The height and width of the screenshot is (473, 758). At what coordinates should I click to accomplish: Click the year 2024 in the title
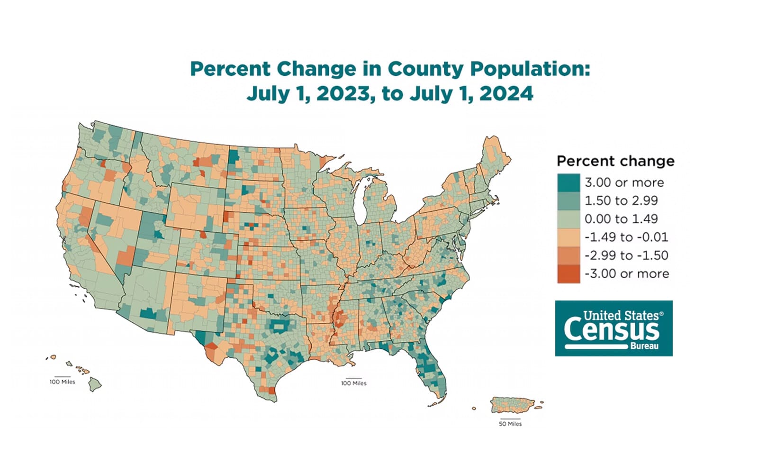coord(506,93)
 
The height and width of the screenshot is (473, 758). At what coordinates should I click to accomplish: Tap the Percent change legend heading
coord(615,161)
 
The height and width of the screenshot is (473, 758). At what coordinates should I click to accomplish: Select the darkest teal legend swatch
coord(568,182)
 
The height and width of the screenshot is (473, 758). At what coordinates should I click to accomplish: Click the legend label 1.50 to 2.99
coord(621,200)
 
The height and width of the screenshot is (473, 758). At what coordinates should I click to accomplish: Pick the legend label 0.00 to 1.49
coord(621,219)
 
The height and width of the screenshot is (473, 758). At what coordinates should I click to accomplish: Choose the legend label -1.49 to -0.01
coord(626,237)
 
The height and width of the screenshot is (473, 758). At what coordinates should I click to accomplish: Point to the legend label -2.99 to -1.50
coord(626,255)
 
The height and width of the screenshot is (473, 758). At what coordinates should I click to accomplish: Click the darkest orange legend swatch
coord(568,274)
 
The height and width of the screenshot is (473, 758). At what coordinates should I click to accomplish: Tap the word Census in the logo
coord(611,329)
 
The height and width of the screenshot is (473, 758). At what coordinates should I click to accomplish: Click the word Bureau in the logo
coord(644,346)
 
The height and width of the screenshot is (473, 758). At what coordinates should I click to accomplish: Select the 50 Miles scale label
coord(510,424)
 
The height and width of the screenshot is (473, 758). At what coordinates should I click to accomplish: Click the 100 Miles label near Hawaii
coord(62,382)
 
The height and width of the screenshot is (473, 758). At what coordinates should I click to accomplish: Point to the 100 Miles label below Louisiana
coord(353,383)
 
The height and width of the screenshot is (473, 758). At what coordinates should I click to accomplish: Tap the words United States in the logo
coord(621,315)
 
